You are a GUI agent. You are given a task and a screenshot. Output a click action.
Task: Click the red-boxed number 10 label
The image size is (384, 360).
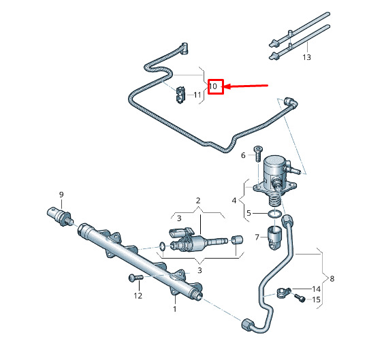pos(213,86)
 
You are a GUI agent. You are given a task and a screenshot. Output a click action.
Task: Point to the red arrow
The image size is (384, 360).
pos(246,86)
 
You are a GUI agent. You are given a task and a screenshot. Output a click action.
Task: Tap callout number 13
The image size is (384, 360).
pos(306,57)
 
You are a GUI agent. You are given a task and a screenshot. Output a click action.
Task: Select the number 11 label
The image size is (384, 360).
pos(197,95)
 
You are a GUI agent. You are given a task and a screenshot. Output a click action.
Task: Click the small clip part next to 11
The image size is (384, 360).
pos(180,95)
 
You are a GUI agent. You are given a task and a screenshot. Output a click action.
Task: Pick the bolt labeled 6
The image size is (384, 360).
pos(258,153)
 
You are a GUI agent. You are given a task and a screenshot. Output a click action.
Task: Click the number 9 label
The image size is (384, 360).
pos(61,195)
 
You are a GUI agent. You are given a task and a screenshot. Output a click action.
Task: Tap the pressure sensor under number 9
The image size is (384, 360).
pos(60,217)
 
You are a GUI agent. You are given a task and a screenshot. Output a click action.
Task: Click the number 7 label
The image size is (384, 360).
pos(257,237)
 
